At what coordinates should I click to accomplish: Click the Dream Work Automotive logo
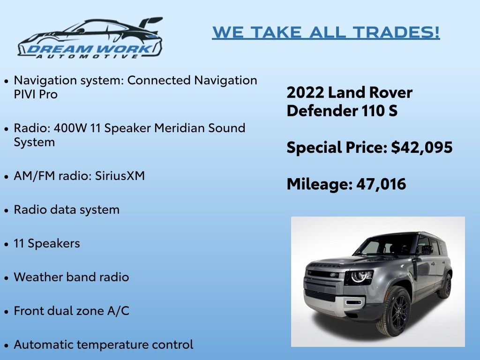tap(90, 38)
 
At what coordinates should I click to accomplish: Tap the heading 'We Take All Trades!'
tap(326, 32)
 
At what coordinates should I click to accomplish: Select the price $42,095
tap(422, 148)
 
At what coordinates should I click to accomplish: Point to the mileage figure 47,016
tap(381, 184)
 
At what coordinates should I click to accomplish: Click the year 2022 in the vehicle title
tap(305, 93)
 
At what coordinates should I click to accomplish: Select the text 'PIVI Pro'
tap(36, 94)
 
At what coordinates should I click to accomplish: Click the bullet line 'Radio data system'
tap(67, 210)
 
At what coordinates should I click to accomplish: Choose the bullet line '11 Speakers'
tap(47, 243)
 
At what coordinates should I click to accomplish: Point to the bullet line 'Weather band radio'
tap(71, 277)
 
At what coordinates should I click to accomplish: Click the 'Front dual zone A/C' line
tap(71, 311)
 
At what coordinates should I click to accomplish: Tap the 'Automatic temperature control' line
tap(103, 345)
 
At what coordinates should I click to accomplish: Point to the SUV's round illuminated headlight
tap(359, 276)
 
